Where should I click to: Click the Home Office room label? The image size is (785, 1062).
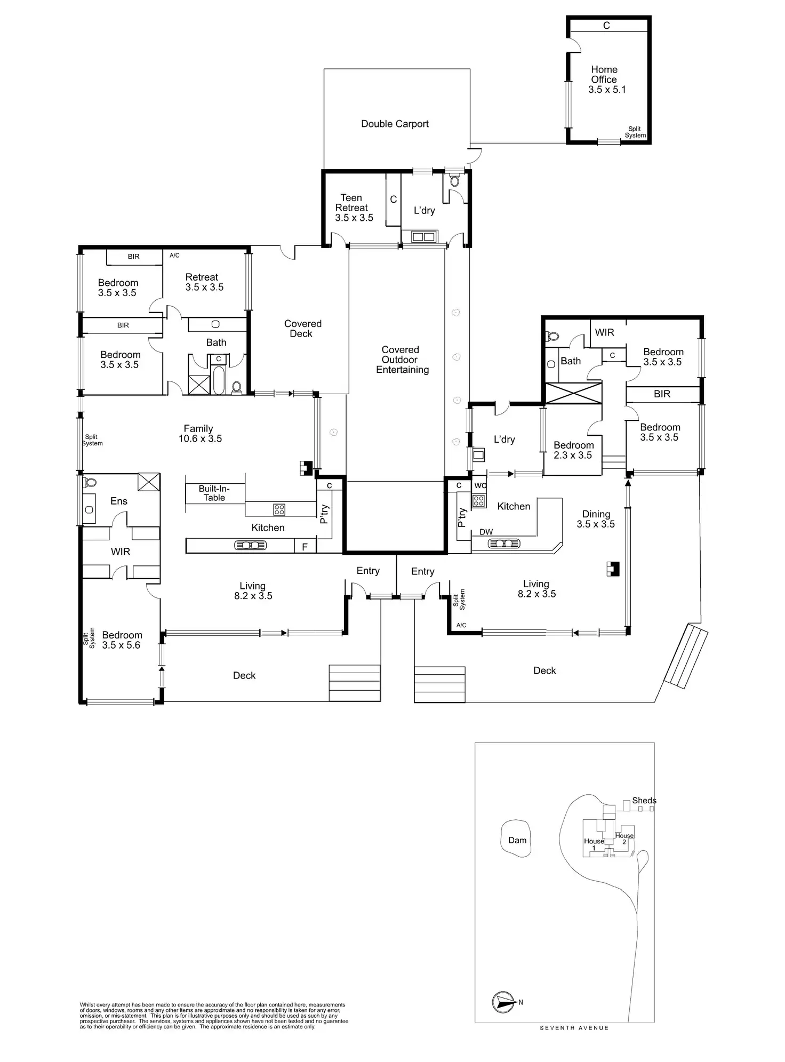(606, 79)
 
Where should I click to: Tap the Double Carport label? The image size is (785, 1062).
(395, 124)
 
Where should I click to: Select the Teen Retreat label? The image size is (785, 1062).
(353, 207)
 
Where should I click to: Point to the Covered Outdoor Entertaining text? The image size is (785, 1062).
(402, 360)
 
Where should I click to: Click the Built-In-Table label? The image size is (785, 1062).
(214, 493)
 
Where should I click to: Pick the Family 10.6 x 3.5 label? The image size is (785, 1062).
(199, 433)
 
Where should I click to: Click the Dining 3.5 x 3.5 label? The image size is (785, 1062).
(596, 519)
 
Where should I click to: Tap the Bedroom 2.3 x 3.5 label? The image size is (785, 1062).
(573, 450)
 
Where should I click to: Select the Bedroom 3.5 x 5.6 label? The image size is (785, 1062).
(122, 640)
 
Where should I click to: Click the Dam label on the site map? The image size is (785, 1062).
(517, 840)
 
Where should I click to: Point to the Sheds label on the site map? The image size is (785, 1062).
(644, 800)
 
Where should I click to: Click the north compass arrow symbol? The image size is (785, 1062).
(503, 1002)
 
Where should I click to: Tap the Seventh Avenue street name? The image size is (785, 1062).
(574, 1028)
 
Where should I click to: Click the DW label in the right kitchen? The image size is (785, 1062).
(486, 532)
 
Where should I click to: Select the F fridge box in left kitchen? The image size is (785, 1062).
(305, 546)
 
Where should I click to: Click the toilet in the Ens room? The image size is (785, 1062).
(91, 482)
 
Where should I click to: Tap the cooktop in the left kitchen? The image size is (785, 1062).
(279, 509)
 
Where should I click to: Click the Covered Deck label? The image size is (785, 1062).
(302, 329)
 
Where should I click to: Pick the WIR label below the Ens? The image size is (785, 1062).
(121, 552)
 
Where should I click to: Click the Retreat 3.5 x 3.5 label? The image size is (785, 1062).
(204, 282)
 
